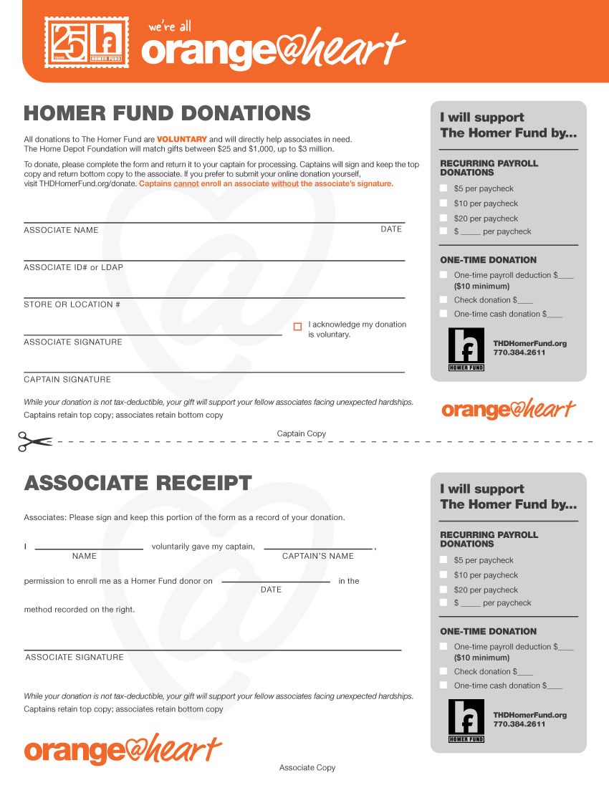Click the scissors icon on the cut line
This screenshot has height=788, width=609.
coord(34,441)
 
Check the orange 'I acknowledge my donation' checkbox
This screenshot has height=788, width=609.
coord(297,327)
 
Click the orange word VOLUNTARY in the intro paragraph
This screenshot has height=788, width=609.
coord(182,139)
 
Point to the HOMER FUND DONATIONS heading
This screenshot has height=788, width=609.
coord(167,113)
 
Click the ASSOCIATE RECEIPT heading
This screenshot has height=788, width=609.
coord(138,483)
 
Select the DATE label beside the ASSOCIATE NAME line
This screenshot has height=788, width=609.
coord(391,229)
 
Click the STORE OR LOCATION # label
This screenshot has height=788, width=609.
coord(72,304)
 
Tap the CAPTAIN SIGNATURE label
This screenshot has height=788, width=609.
coord(67,379)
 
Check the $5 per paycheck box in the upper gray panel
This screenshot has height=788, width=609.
coord(443,188)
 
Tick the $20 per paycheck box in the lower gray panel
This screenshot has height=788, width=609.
coord(443,590)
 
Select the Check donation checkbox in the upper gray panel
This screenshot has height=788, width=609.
coord(443,300)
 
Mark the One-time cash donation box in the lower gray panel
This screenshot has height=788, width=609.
coord(443,686)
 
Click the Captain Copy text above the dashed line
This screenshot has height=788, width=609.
coord(301,433)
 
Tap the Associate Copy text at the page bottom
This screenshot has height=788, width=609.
coord(307,767)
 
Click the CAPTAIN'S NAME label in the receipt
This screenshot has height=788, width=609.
coord(317,556)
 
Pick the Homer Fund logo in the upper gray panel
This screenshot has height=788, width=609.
coord(466,349)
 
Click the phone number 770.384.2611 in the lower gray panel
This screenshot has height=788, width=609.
coord(519,724)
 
